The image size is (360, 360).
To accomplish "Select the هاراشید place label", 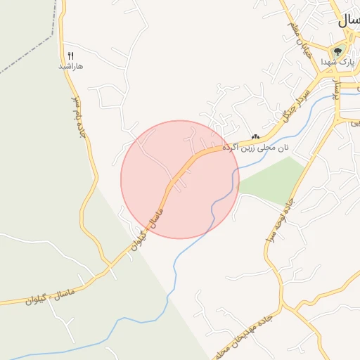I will (70, 66).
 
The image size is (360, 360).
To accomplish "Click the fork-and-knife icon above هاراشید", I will (70, 56).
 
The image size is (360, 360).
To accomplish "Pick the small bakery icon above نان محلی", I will (255, 137).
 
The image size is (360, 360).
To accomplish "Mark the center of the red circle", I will (180, 179).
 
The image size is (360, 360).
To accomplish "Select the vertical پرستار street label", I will (337, 91).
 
